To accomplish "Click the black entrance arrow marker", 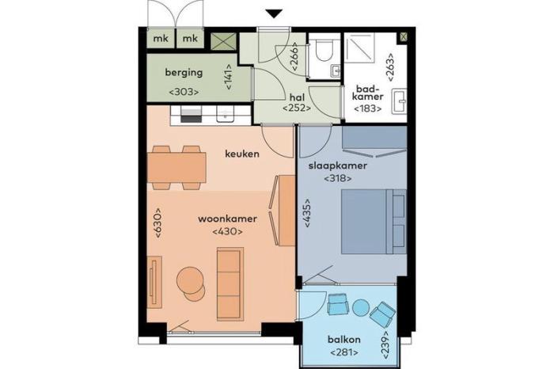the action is [274, 13].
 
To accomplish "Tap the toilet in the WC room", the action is [323, 49].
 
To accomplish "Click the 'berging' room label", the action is [184, 73].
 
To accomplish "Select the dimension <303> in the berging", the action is [184, 92].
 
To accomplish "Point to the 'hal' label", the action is [297, 97].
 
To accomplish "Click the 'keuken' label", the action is [242, 154].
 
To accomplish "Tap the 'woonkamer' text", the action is [227, 219].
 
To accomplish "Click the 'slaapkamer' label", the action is [338, 165].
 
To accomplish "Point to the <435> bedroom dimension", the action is [307, 212].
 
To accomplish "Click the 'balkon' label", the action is [344, 340].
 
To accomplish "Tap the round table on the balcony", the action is [360, 307].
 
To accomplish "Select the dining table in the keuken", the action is [176, 168].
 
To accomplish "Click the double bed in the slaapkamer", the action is [374, 222].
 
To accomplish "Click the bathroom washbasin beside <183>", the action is [400, 101].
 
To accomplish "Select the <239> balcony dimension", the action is [385, 346].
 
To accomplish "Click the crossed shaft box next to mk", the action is [224, 42].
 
